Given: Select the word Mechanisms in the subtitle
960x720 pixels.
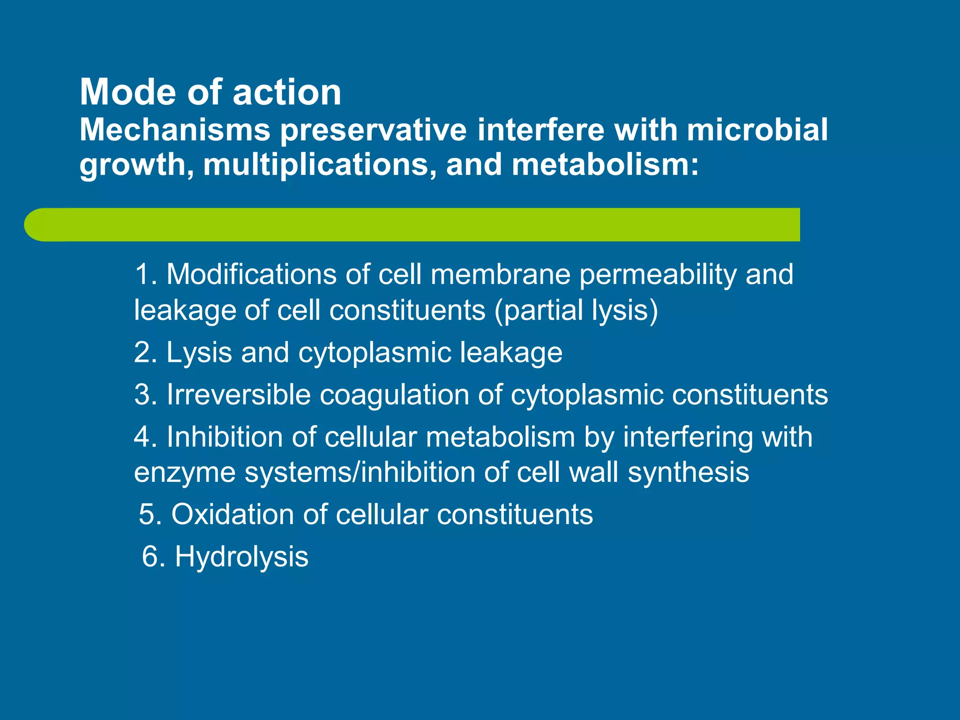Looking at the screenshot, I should coord(175,130).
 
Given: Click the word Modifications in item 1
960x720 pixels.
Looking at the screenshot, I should coord(251,274).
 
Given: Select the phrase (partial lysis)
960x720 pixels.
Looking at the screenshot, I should coord(577,311).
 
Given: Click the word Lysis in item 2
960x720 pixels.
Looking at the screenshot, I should coord(199,352).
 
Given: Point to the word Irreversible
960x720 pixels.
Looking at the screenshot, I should coord(239,394).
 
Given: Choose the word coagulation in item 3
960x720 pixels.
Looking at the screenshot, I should coord(394,395).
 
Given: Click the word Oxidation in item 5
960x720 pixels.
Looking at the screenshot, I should coord(232,514).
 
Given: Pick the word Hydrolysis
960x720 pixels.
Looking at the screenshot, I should coord(241,557).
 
